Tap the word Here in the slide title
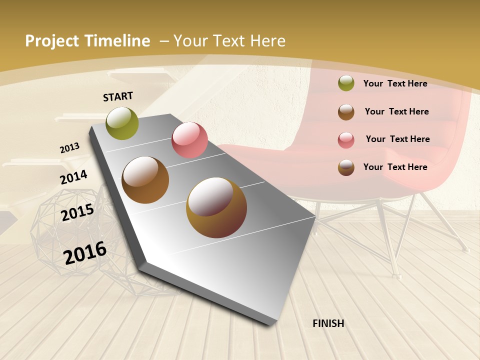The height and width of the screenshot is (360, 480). tap(267, 41)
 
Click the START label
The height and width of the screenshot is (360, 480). tap(118, 96)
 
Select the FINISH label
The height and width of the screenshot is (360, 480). tap(328, 323)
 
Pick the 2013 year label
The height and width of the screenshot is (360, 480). tap(69, 148)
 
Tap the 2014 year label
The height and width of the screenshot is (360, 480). tap(73, 177)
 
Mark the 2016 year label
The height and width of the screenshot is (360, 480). tap(85, 252)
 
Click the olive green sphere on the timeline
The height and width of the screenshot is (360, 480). tap(122, 123)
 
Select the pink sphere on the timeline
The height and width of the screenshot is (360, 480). tap(189, 140)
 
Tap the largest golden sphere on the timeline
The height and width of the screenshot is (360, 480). tap(216, 207)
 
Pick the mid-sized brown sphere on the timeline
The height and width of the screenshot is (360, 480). tap(145, 180)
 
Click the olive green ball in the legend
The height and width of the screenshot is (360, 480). tap(346, 83)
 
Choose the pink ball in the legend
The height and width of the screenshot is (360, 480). tap(346, 139)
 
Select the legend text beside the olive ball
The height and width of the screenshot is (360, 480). tap(395, 83)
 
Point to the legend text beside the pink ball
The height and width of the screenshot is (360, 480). tap(397, 139)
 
